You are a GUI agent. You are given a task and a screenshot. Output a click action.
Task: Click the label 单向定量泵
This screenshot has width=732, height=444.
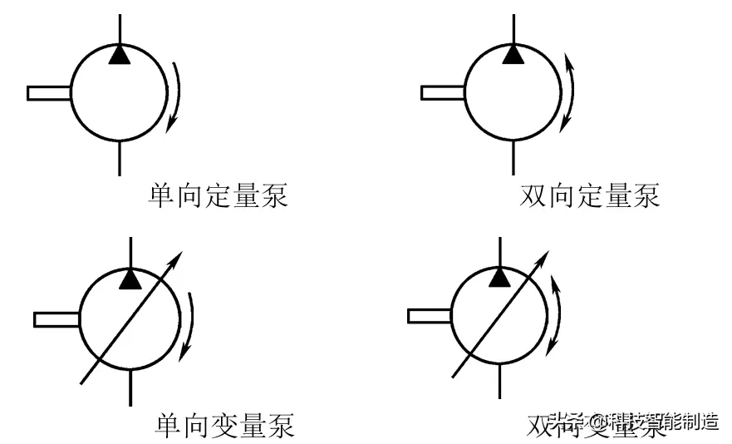point(218,196)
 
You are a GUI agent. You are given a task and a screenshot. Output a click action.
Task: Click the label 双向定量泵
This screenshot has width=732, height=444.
point(589,196)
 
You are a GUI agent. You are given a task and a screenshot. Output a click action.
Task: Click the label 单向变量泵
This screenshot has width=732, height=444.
point(224,426)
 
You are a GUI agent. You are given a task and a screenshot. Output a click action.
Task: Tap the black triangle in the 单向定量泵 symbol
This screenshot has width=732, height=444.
point(120,55)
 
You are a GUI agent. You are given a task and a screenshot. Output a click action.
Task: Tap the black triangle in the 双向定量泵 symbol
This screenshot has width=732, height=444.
point(513,55)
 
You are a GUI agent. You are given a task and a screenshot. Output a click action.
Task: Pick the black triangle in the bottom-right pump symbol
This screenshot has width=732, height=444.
point(499,277)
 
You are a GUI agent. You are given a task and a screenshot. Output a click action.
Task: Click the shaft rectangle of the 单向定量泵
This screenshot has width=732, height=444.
point(48,92)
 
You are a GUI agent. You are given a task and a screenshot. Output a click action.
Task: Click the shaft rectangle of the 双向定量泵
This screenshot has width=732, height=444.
point(441,92)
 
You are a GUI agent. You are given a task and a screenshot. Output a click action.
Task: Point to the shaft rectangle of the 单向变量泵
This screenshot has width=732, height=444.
point(56,318)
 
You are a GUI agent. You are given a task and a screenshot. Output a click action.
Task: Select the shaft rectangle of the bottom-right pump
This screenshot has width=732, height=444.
point(429,315)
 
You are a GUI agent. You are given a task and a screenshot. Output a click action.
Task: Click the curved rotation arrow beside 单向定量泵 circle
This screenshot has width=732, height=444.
point(178,96)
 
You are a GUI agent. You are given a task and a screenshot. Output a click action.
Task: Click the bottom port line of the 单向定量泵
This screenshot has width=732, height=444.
point(120,158)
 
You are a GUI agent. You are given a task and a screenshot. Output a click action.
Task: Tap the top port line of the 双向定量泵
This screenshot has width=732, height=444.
point(513,25)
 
